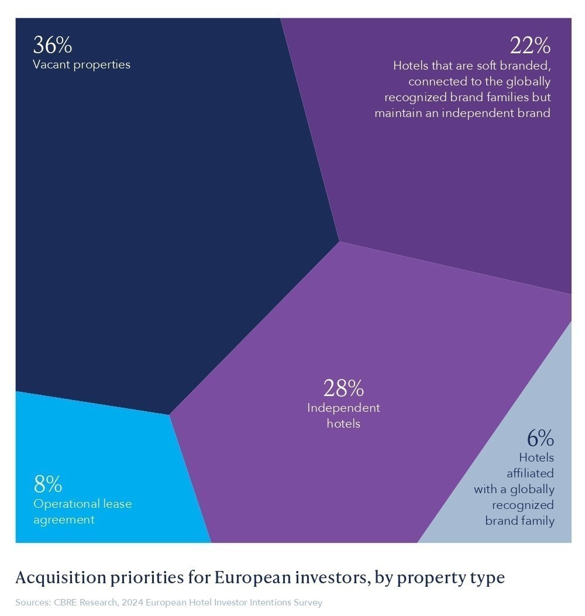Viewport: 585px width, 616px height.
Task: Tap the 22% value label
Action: (x=530, y=45)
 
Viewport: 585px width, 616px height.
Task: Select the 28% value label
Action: (x=343, y=388)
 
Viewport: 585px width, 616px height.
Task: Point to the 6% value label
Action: (x=540, y=438)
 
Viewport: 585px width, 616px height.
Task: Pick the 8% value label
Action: (x=48, y=484)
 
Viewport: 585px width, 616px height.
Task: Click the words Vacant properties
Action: (x=81, y=64)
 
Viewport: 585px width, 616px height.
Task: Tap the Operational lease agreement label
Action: (x=82, y=511)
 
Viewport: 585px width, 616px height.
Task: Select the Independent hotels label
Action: (x=343, y=415)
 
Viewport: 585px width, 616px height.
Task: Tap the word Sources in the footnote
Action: (x=32, y=603)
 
